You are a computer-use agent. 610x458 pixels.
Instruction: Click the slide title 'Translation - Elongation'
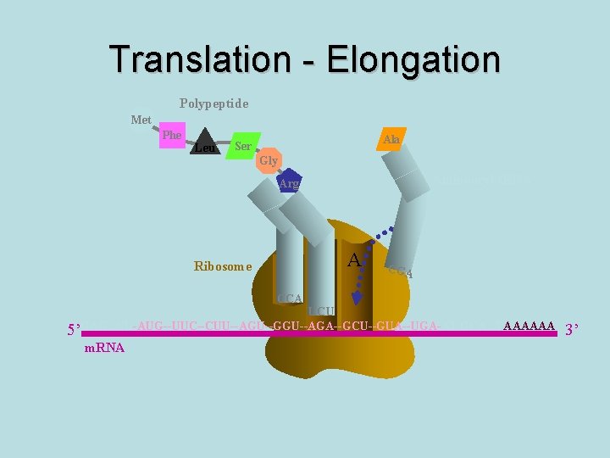(305, 59)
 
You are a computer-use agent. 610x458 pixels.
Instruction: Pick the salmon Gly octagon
(269, 160)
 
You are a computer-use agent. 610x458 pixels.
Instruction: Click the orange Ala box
(391, 139)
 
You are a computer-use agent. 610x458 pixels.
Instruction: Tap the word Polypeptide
(214, 103)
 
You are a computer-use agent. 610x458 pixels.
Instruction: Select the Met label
(141, 120)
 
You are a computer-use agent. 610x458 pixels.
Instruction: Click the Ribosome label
(223, 266)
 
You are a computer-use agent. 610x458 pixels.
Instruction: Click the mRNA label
(105, 348)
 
